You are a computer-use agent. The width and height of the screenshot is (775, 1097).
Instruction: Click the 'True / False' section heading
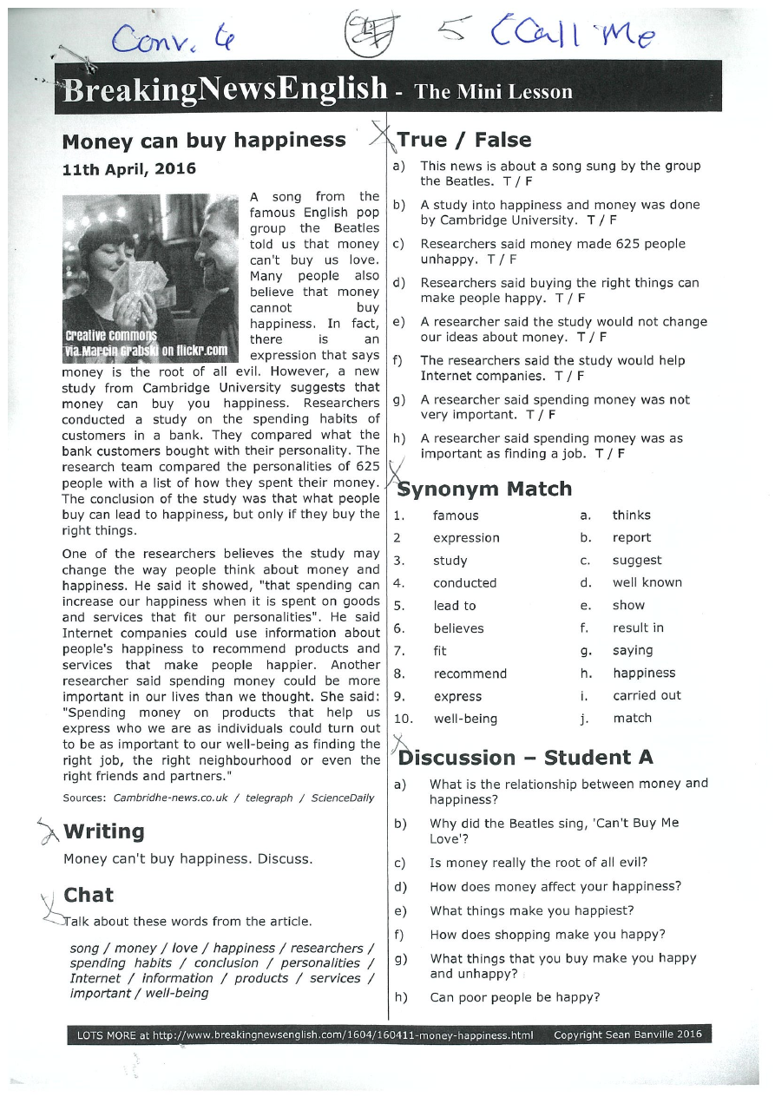point(463,141)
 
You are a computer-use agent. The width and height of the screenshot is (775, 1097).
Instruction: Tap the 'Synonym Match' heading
point(484,489)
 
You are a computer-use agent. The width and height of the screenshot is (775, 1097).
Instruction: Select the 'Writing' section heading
point(103,831)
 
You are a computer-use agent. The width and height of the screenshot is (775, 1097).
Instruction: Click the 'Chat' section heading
point(89,895)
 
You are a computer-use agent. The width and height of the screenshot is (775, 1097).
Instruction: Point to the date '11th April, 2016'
point(129,168)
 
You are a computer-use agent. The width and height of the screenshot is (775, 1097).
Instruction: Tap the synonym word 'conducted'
point(464,583)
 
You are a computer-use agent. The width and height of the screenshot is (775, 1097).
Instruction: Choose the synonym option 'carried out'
point(647,696)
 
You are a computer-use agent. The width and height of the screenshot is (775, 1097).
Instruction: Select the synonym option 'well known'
point(647,583)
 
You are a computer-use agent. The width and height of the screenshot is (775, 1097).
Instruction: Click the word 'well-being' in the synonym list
point(465,719)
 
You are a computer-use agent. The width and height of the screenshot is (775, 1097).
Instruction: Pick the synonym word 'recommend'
point(470,673)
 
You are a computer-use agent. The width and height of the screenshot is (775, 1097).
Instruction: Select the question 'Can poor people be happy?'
point(514,997)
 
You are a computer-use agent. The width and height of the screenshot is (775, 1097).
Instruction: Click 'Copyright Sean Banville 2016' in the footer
point(627,1035)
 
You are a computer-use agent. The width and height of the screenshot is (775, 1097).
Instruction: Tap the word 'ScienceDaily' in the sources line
point(343,798)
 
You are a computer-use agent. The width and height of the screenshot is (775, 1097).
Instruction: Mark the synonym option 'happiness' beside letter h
point(643,673)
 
